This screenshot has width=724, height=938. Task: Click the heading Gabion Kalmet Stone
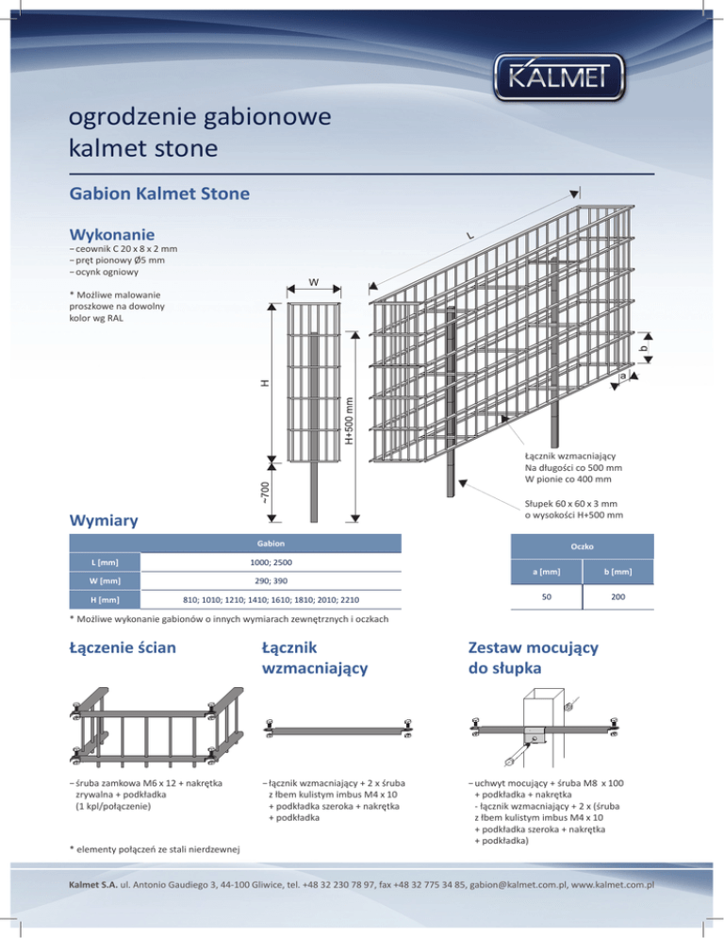tap(159, 194)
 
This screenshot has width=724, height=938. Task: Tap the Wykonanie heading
tap(112, 233)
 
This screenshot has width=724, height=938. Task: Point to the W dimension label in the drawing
tap(311, 280)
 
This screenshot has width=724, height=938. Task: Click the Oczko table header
tap(581, 545)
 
